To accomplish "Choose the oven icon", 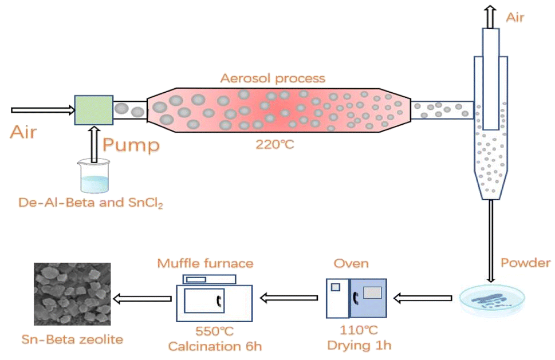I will coord(356,298).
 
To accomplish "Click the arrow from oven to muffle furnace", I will coord(289,297).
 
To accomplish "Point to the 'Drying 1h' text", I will coord(359,346).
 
